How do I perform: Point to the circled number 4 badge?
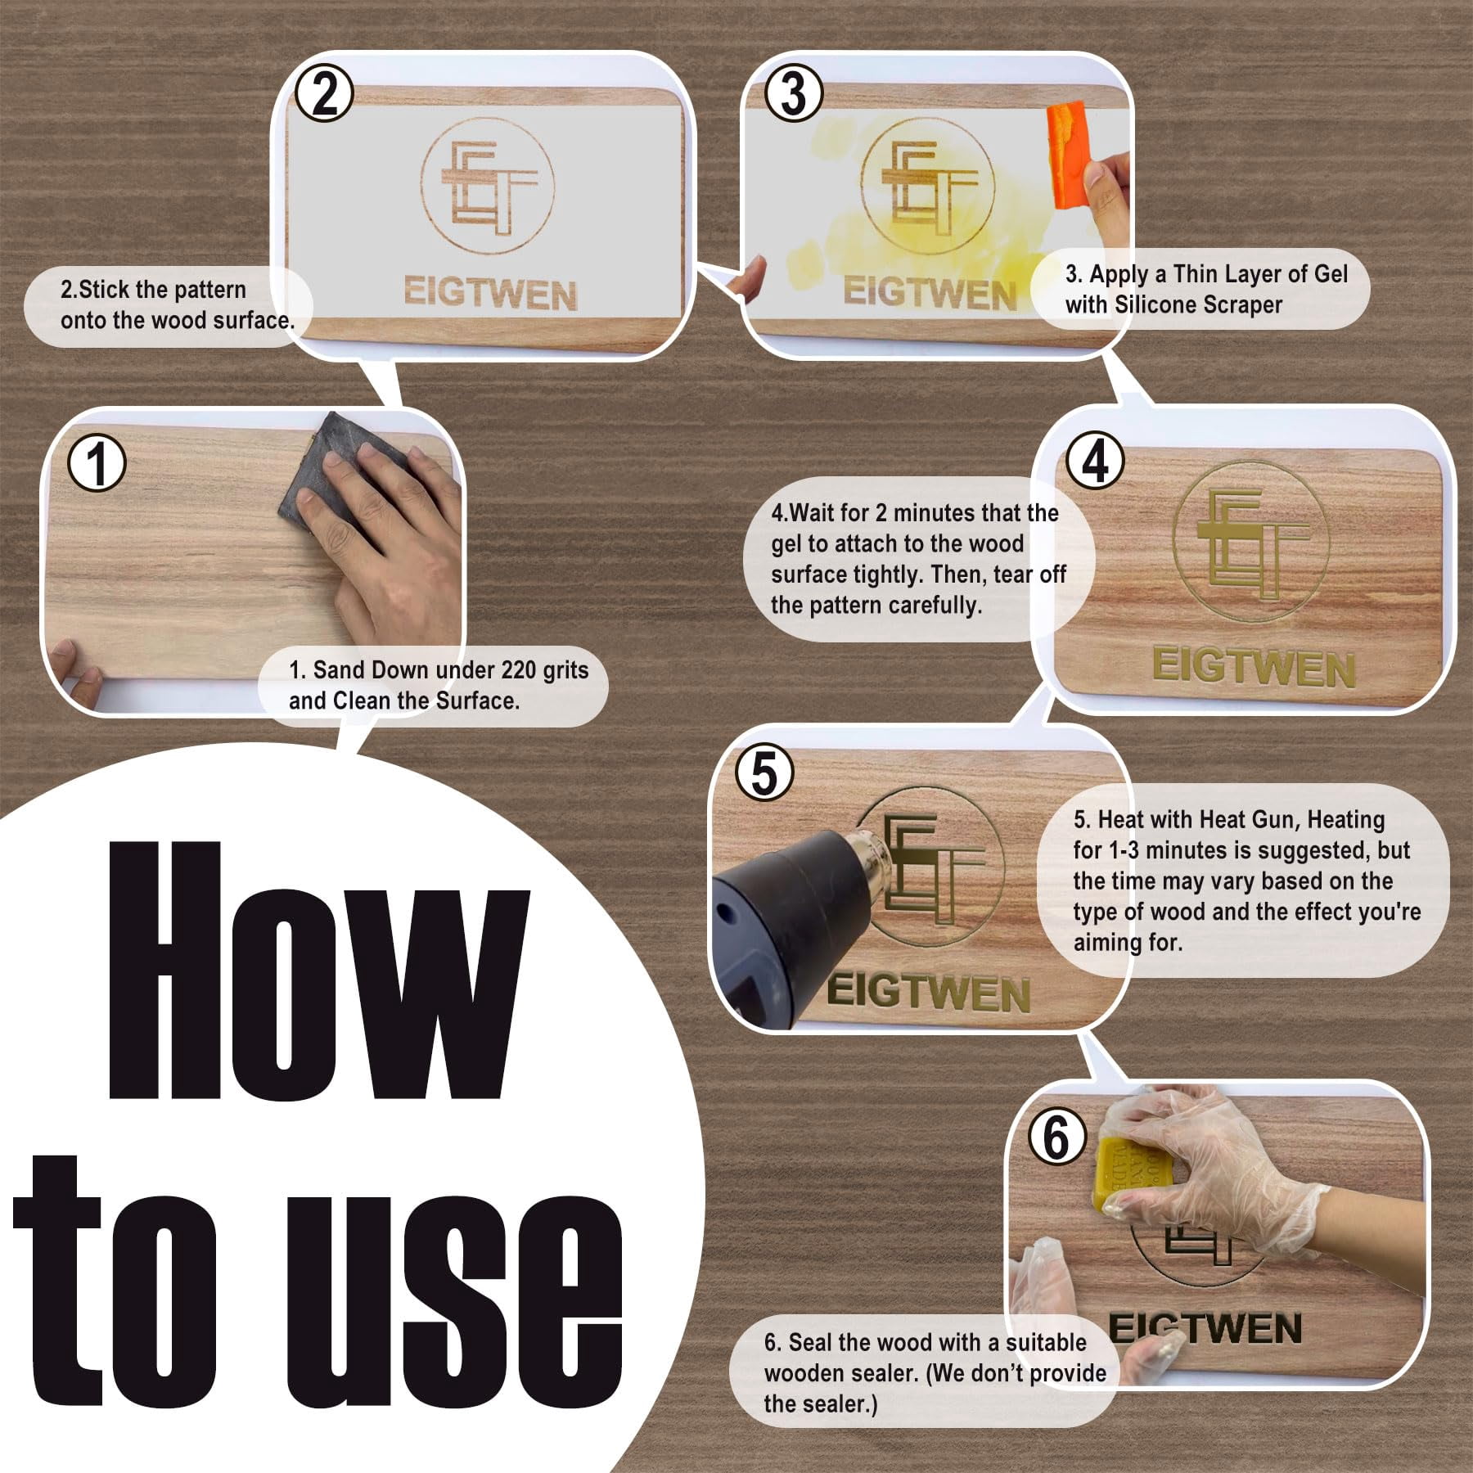click(1095, 462)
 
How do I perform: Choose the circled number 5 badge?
click(764, 773)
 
